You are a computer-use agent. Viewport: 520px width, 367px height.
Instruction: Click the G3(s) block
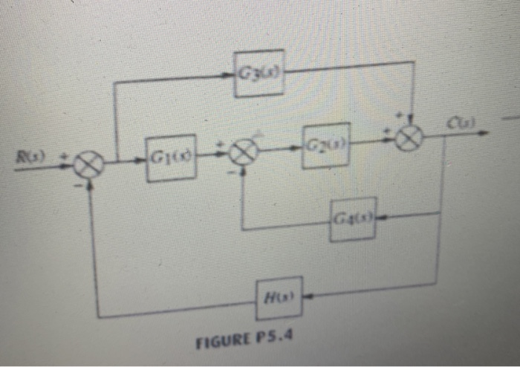click(x=259, y=74)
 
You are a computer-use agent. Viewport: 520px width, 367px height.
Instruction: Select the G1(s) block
click(x=171, y=157)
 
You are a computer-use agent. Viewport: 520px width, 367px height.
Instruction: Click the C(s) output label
click(x=457, y=121)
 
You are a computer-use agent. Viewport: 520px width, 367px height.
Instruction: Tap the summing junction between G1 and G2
click(x=242, y=154)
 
